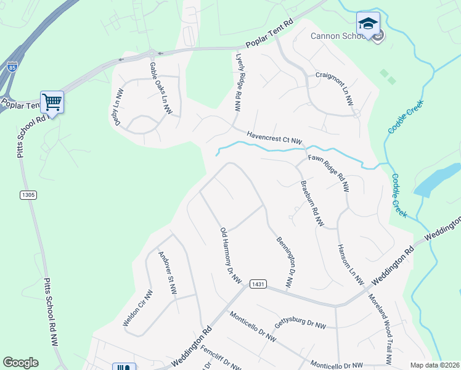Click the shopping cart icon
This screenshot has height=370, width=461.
[52, 102]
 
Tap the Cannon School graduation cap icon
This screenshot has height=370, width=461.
[368, 24]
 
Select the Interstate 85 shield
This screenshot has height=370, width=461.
[12, 65]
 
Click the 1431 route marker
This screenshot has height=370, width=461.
[258, 284]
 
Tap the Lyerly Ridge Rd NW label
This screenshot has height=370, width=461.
[238, 81]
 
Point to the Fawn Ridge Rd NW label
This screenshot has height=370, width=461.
[328, 173]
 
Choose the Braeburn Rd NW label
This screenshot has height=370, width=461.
[311, 204]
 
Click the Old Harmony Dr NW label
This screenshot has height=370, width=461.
[230, 257]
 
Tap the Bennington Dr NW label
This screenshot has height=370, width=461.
[284, 261]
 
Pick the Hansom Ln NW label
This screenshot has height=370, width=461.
[349, 264]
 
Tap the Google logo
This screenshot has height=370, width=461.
[20, 363]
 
